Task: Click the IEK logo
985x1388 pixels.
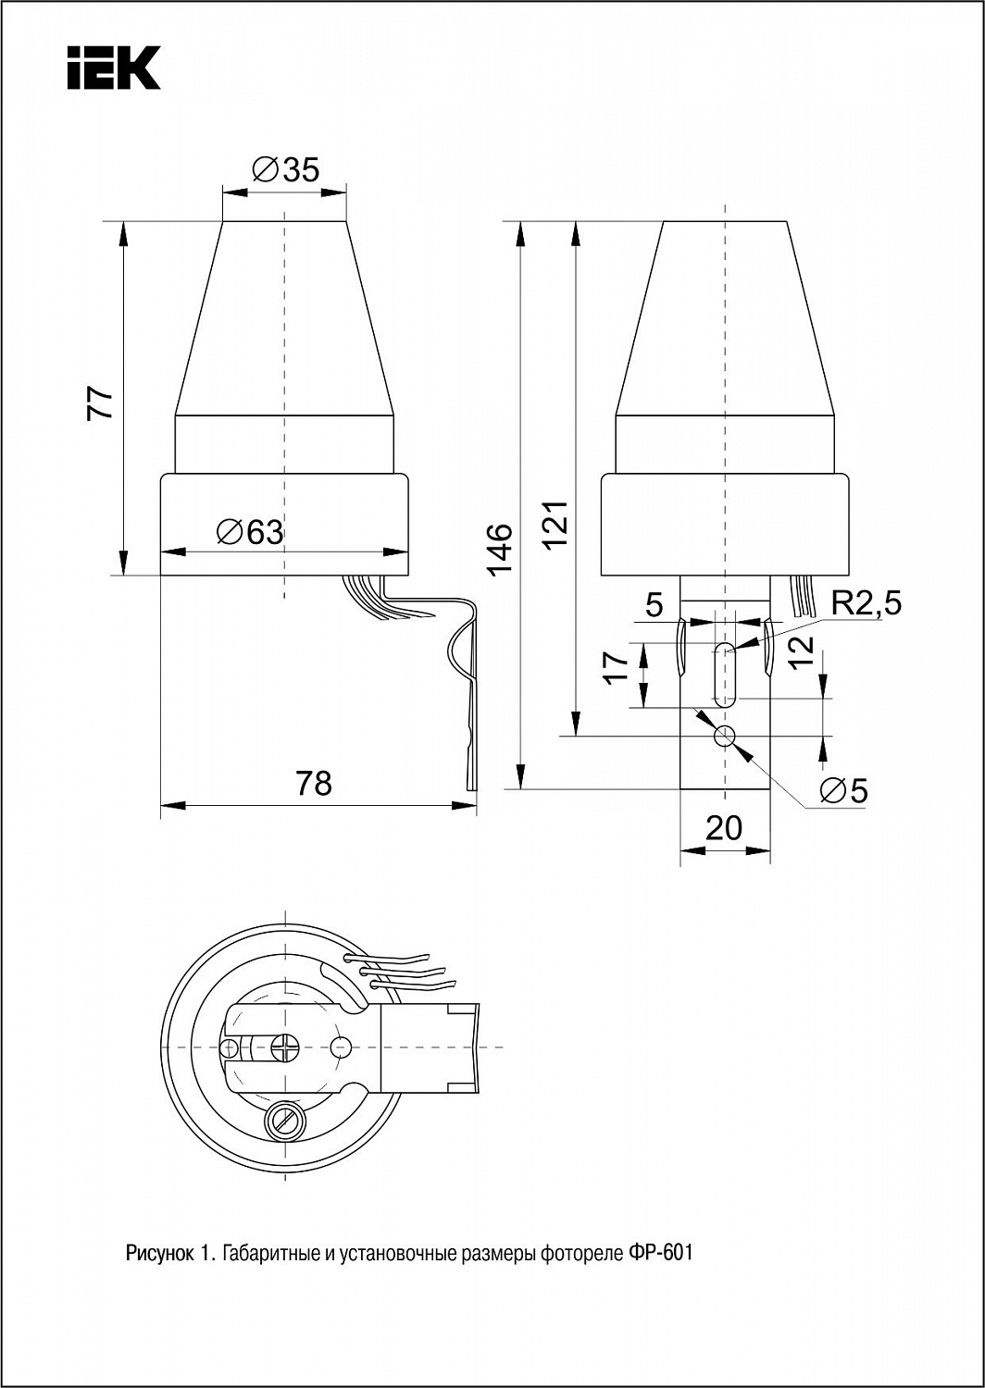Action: coord(114,68)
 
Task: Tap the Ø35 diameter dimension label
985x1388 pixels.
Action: coord(286,169)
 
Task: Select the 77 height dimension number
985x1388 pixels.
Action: coord(100,404)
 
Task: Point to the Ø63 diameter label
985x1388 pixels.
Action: coord(250,532)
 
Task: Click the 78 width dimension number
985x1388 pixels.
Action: coord(314,783)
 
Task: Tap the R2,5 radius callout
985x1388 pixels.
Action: coord(866,603)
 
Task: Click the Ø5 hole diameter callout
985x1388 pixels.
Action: coord(843,790)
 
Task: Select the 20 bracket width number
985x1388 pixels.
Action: coord(724,828)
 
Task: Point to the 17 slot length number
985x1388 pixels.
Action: coord(617,667)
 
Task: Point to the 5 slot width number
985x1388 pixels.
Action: coord(655,605)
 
